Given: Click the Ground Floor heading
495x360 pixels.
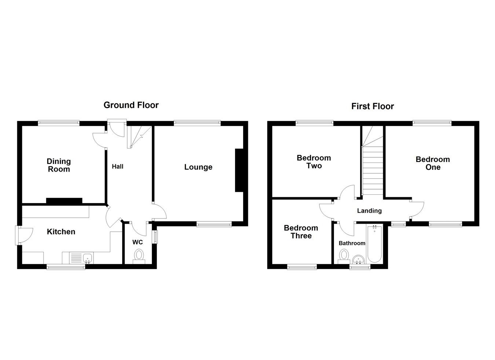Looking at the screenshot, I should tap(131, 105).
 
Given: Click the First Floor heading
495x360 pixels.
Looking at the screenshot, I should tap(372, 106).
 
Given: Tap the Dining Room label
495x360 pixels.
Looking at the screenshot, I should tap(59, 165).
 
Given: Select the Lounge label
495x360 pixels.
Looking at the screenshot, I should tap(198, 167).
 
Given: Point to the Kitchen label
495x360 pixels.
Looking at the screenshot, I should tap(61, 232).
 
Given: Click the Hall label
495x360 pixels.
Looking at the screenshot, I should tap(117, 167).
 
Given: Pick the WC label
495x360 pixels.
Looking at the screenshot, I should tap(137, 242).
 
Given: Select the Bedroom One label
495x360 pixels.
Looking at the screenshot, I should tap(433, 163).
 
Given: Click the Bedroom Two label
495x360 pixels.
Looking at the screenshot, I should tap(313, 162).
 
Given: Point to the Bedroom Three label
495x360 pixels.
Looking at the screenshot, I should tap(301, 232).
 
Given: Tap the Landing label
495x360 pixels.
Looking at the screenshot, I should tap(369, 211).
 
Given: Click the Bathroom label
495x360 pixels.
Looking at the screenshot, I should tap(352, 243).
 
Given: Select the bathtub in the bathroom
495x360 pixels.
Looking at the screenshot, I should tap(374, 244).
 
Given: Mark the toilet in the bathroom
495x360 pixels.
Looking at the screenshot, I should tap(344, 256).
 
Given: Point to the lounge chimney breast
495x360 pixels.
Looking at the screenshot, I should tap(239, 170).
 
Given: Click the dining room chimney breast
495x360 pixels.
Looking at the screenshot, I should tap(64, 201).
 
